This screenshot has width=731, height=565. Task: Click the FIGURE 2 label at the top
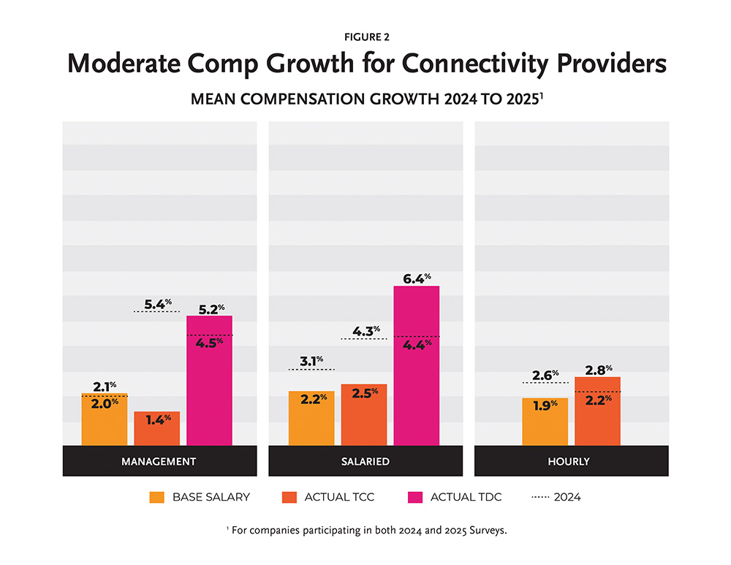(x=365, y=35)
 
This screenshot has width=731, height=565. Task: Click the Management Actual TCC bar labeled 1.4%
(x=156, y=429)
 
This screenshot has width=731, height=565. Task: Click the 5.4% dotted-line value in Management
(x=157, y=302)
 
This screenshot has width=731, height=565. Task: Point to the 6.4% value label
(x=417, y=278)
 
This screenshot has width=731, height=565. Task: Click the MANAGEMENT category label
(x=159, y=461)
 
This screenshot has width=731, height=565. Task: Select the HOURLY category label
(x=572, y=461)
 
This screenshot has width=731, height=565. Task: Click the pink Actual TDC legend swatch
(x=414, y=497)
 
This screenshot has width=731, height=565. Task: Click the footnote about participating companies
(x=365, y=530)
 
